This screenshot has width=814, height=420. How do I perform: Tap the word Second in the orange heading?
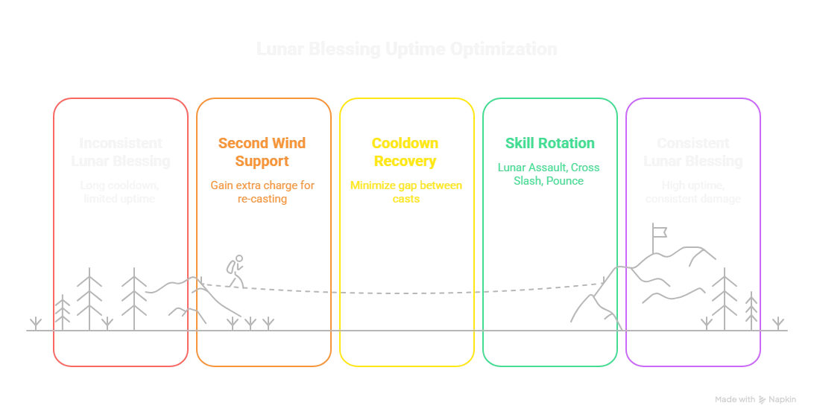tap(233, 143)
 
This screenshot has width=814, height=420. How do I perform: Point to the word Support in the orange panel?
tap(262, 161)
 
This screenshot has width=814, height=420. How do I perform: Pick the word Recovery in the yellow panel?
tap(406, 161)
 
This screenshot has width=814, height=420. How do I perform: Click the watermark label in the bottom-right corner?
tap(757, 399)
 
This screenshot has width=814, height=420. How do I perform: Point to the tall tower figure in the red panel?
tap(89, 294)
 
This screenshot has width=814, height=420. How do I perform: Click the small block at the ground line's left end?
tap(34, 322)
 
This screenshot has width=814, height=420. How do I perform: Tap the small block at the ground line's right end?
tap(777, 322)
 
